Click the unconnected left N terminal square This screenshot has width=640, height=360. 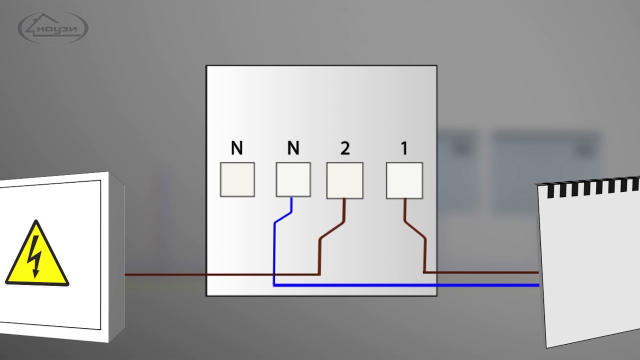(237, 179)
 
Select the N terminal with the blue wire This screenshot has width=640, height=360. (293, 179)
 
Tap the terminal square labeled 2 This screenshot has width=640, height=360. (344, 180)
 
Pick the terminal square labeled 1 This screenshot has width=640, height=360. (404, 180)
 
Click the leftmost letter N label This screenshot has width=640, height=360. (237, 148)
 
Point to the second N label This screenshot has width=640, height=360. (293, 148)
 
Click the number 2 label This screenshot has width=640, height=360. (344, 148)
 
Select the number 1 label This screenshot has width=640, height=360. (404, 148)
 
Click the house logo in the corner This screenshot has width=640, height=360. (53, 27)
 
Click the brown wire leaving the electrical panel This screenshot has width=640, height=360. (165, 274)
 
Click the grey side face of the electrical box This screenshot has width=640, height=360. (116, 255)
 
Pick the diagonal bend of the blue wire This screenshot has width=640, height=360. (283, 217)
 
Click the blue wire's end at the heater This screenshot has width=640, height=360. (536, 285)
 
